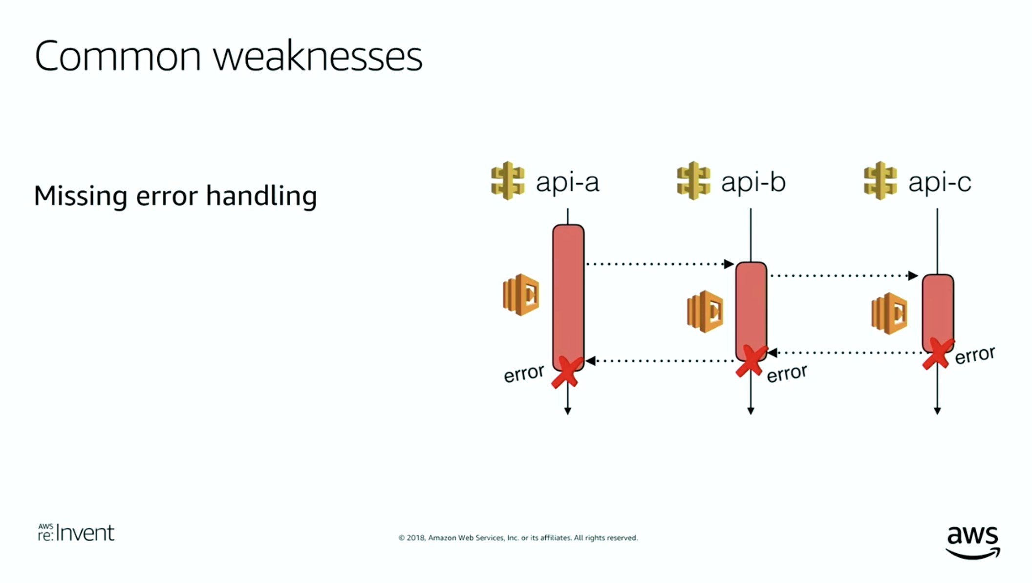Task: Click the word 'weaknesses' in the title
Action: click(318, 57)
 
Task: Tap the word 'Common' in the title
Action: click(118, 57)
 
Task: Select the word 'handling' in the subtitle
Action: click(261, 196)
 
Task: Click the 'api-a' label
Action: click(567, 182)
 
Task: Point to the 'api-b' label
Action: click(753, 182)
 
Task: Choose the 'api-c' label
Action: click(940, 182)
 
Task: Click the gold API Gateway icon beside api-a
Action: click(508, 181)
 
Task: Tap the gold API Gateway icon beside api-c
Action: click(880, 181)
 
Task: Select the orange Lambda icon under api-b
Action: click(705, 312)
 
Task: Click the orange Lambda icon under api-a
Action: click(521, 294)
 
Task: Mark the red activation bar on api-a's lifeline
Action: click(568, 297)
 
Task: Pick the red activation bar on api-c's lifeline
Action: click(938, 313)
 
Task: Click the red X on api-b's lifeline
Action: click(751, 361)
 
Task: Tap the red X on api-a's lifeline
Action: click(567, 373)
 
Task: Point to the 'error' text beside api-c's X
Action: click(975, 355)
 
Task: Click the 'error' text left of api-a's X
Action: click(524, 374)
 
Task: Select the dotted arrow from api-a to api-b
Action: click(660, 264)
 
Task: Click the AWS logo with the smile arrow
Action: click(973, 542)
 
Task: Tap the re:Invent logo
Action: click(76, 533)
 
